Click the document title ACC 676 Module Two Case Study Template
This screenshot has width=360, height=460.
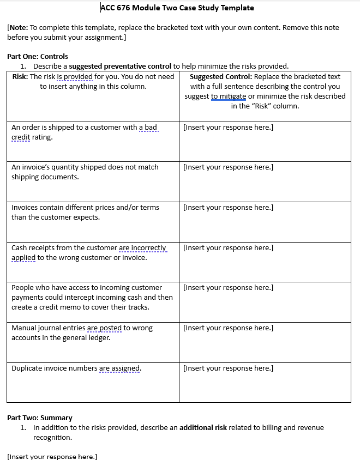(177, 8)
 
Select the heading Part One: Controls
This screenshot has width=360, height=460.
(38, 56)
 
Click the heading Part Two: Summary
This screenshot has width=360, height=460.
(40, 417)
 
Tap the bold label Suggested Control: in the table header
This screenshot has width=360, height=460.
(221, 76)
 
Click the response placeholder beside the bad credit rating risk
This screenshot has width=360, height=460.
(229, 127)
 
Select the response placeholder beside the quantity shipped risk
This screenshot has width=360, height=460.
(229, 167)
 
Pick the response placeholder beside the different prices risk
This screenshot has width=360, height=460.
(229, 207)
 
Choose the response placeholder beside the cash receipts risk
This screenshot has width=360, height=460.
(229, 247)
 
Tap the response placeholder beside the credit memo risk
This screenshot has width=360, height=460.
(229, 287)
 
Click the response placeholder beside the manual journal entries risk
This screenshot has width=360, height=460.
(229, 328)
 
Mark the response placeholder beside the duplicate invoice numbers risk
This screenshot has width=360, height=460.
(229, 368)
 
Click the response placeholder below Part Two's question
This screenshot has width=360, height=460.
(52, 456)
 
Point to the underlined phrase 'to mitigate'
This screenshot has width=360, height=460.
(229, 96)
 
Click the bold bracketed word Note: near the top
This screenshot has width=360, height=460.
(19, 27)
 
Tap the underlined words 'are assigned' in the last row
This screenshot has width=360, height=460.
(119, 368)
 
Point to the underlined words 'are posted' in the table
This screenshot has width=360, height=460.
(104, 328)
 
